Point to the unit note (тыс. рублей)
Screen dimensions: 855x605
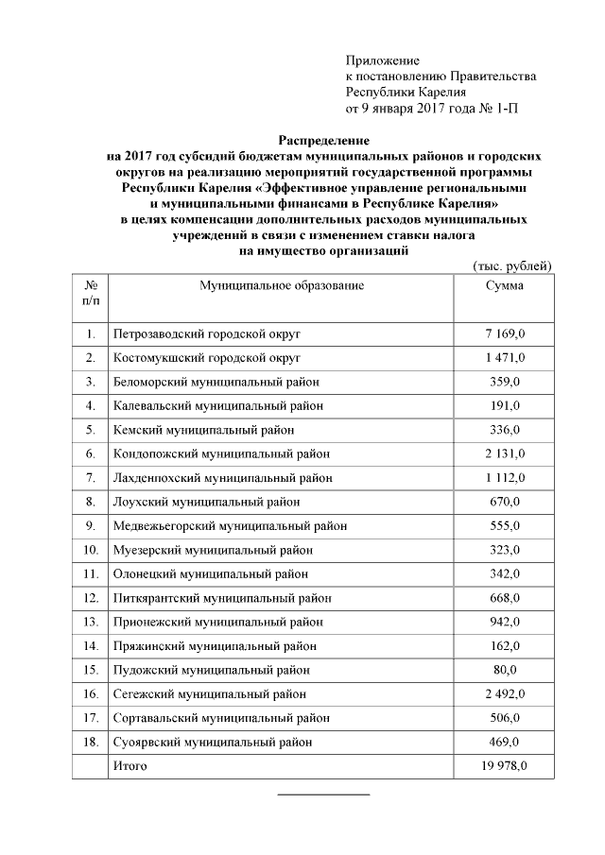(x=510, y=266)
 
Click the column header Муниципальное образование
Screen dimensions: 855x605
(x=281, y=284)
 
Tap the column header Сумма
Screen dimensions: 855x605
(x=504, y=284)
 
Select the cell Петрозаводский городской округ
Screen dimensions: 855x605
(x=206, y=334)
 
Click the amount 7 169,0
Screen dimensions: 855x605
(x=504, y=334)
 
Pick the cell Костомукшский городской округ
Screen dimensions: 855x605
(x=206, y=358)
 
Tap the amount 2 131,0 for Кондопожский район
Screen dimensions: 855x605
(x=504, y=453)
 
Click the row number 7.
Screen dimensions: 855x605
(x=91, y=478)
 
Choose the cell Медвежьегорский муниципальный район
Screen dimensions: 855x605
(x=229, y=526)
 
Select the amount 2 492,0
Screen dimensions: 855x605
(x=504, y=694)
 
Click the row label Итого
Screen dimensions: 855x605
(x=130, y=764)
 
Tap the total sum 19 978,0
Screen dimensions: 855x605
(x=504, y=764)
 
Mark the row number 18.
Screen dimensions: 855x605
(x=91, y=743)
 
